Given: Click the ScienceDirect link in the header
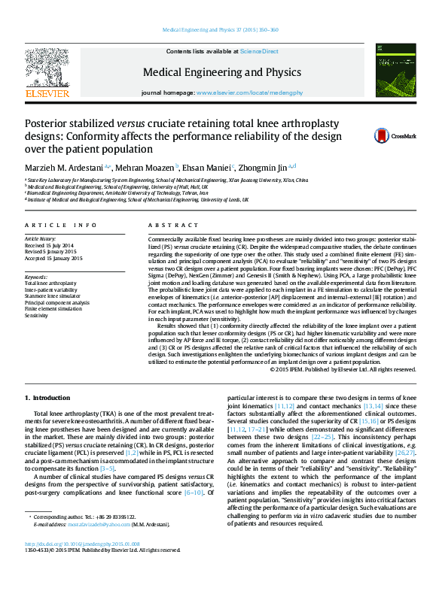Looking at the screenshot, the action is point(259,51).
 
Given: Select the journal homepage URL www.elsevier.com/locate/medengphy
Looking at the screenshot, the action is point(249,92).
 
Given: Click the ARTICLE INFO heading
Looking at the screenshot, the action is point(61,226).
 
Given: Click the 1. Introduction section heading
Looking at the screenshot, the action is point(48,397).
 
